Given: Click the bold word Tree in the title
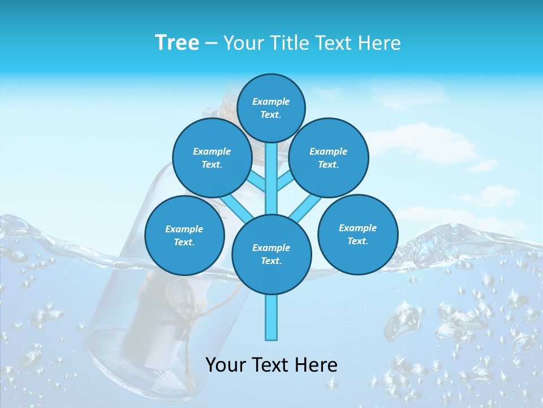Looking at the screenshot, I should point(177,42).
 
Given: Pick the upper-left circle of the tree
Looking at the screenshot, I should point(212,158).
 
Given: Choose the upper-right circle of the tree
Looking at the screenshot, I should point(328,158).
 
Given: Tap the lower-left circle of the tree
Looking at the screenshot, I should point(184,235).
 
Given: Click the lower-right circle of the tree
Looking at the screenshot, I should point(357,234).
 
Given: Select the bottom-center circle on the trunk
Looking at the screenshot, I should point(271,254).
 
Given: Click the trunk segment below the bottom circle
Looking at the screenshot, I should point(271,317).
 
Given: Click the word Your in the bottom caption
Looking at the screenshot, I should point(225,365).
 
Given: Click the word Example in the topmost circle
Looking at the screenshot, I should point(271,101).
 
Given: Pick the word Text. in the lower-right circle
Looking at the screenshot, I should point(357,241).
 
